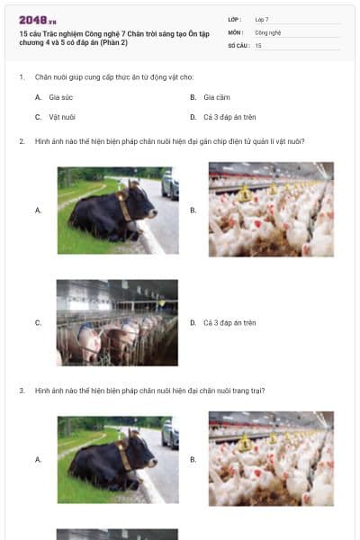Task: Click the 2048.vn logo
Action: click(38, 20)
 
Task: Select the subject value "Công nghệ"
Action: click(268, 31)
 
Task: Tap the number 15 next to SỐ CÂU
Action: click(258, 44)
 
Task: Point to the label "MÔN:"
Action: click(235, 31)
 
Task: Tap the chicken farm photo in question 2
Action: click(271, 210)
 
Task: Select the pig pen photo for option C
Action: click(118, 322)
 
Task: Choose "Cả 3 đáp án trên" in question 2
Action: click(229, 322)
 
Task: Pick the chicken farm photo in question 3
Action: click(271, 459)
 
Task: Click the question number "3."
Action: click(22, 391)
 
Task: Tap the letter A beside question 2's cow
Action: click(38, 210)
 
